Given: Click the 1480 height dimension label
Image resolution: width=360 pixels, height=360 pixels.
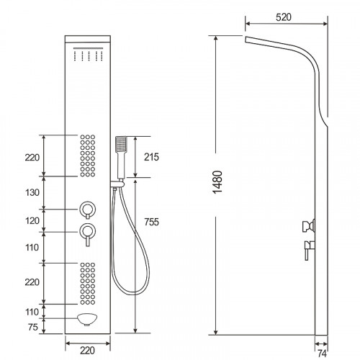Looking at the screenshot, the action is coord(217,182).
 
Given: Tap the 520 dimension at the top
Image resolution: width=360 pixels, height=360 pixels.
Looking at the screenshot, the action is coord(284,17).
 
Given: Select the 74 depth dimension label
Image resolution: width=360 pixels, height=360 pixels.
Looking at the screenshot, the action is coord(322,354).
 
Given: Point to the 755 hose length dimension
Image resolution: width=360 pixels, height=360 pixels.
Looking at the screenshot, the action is coord(151,222).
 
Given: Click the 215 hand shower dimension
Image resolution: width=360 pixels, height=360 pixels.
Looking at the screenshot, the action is coord(151,157).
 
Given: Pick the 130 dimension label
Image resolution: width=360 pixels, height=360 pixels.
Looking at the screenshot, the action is coord(32,192).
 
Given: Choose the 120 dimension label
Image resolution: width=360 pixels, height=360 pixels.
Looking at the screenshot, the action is coord(32,221).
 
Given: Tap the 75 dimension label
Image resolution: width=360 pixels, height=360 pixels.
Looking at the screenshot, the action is coord(33,327).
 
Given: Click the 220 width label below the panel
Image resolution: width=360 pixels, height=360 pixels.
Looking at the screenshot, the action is coord(87,351).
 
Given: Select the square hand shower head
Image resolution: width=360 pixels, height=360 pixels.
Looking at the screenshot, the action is coord(121,144).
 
